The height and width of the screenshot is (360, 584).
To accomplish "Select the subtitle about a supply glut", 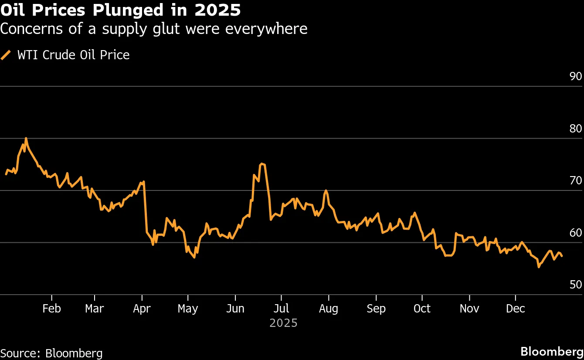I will pyautogui.click(x=154, y=29).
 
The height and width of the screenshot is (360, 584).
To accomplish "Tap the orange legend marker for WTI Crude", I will pyautogui.click(x=6, y=55).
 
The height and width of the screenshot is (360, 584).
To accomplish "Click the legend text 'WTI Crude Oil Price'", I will pyautogui.click(x=73, y=55).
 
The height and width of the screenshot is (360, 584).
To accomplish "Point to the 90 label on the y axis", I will pyautogui.click(x=575, y=76).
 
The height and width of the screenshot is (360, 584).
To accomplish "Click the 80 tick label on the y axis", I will pyautogui.click(x=575, y=129).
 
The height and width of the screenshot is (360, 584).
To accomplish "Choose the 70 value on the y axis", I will pyautogui.click(x=575, y=180).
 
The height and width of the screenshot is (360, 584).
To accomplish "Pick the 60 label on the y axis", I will pyautogui.click(x=575, y=233).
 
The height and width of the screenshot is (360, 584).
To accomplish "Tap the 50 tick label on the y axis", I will pyautogui.click(x=575, y=285).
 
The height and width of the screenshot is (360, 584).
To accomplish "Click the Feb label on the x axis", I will pyautogui.click(x=51, y=309).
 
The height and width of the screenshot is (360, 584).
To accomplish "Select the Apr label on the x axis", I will pyautogui.click(x=142, y=309).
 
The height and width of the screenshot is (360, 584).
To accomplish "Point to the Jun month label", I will pyautogui.click(x=235, y=309).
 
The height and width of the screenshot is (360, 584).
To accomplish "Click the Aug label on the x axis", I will pyautogui.click(x=328, y=309).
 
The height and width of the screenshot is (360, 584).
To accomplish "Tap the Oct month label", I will pyautogui.click(x=422, y=309).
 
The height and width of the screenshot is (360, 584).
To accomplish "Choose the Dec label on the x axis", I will pyautogui.click(x=516, y=309).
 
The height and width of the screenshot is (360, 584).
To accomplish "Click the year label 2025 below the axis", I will pyautogui.click(x=283, y=323).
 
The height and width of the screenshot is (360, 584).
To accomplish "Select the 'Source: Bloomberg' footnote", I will pyautogui.click(x=51, y=353).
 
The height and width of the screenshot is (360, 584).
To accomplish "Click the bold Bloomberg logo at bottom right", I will pyautogui.click(x=552, y=351).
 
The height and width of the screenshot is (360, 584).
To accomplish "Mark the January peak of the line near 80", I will pyautogui.click(x=26, y=139).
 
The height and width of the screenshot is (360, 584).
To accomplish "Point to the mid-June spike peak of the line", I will pyautogui.click(x=261, y=164).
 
